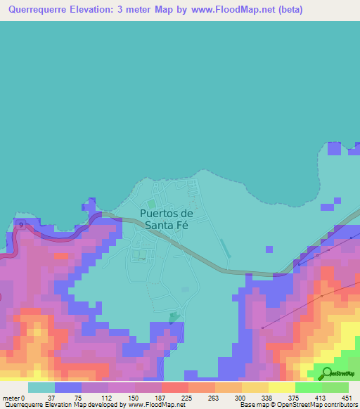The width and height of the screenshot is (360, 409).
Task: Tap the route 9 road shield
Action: [x=21, y=225]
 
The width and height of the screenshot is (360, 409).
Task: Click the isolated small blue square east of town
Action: [x=269, y=249]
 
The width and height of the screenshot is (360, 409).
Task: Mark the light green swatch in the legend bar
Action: [x=308, y=387]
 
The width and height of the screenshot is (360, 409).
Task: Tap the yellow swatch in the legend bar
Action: [x=281, y=387]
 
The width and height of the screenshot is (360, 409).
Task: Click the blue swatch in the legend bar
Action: [x=68, y=387]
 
